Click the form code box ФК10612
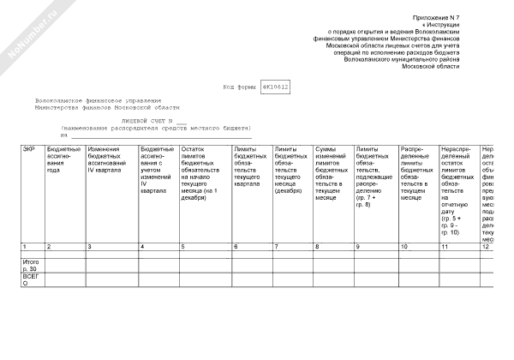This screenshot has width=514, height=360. click(x=276, y=87)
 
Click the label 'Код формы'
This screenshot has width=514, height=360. click(x=239, y=87)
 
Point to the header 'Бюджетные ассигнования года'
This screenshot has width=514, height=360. click(x=64, y=159)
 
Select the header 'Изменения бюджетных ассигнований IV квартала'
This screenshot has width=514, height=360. click(x=110, y=159)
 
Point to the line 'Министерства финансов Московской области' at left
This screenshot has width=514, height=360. click(x=107, y=107)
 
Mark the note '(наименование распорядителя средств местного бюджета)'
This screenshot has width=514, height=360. click(x=154, y=129)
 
